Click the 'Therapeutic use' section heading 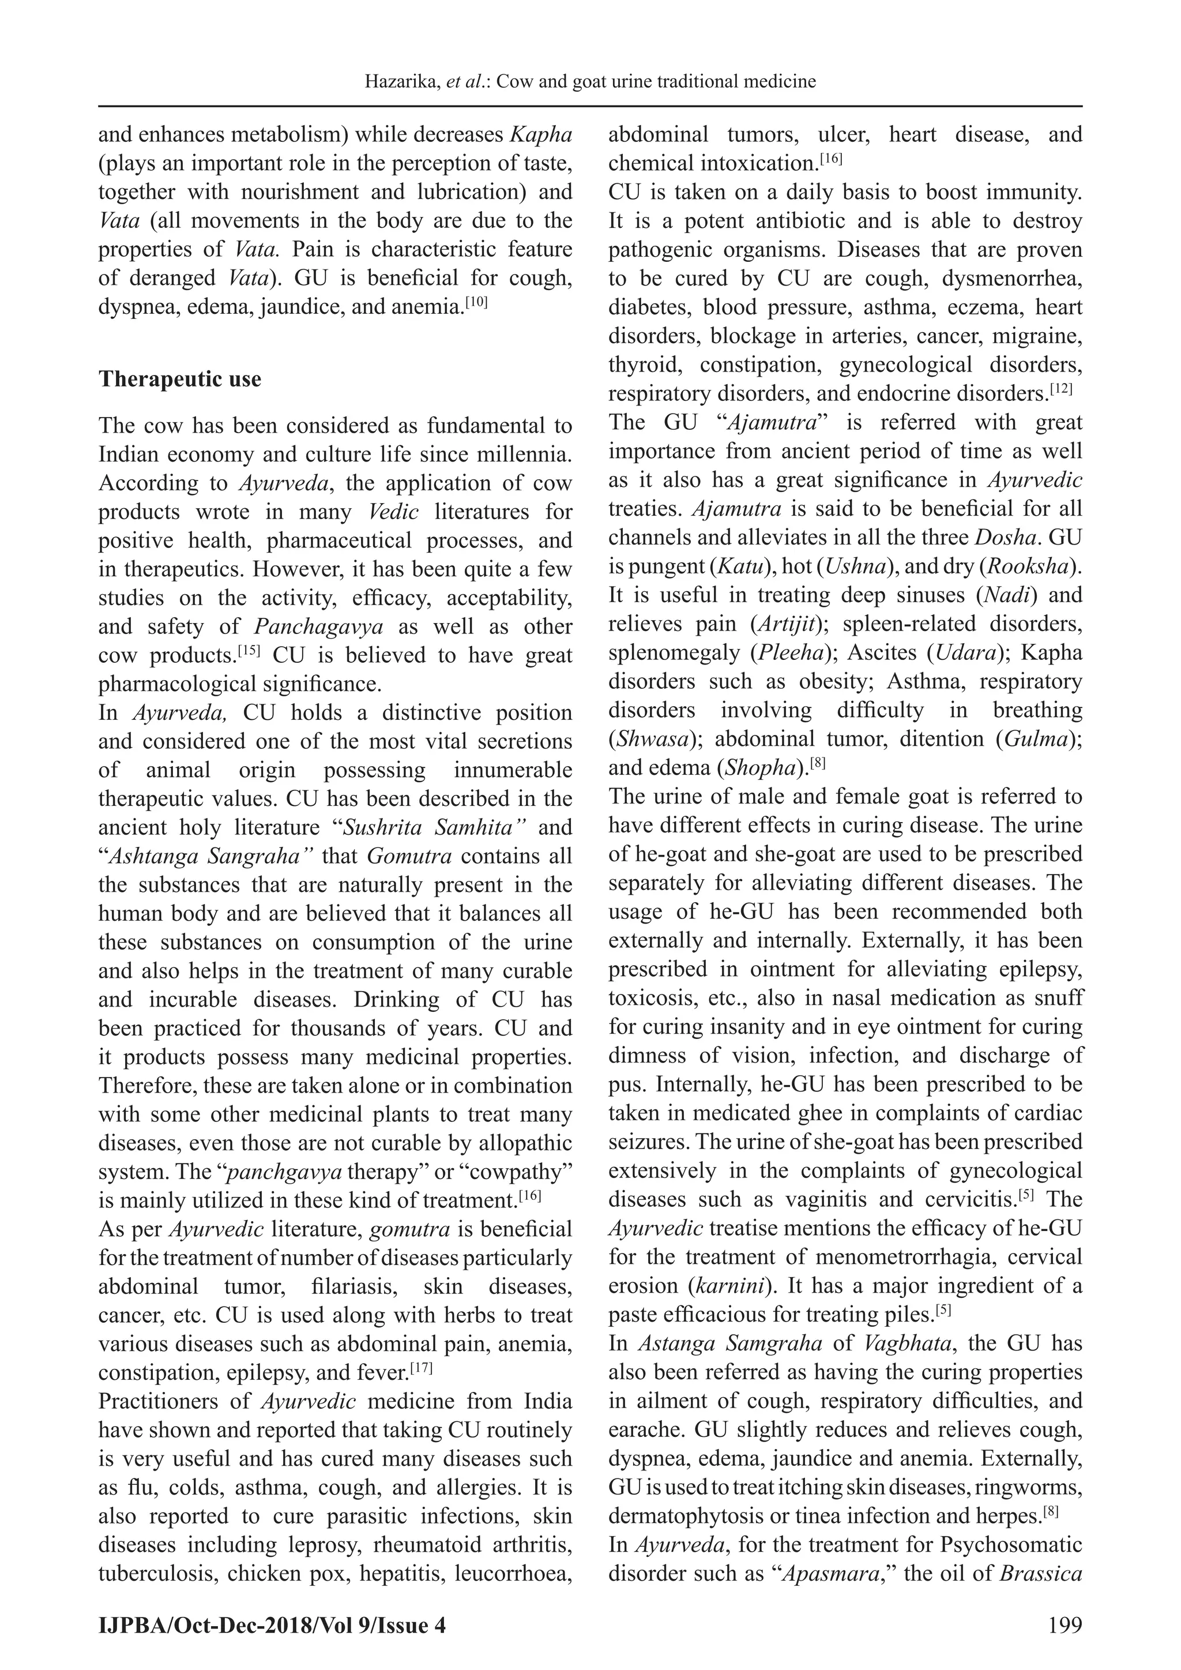179,380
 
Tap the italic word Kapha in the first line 541,136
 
